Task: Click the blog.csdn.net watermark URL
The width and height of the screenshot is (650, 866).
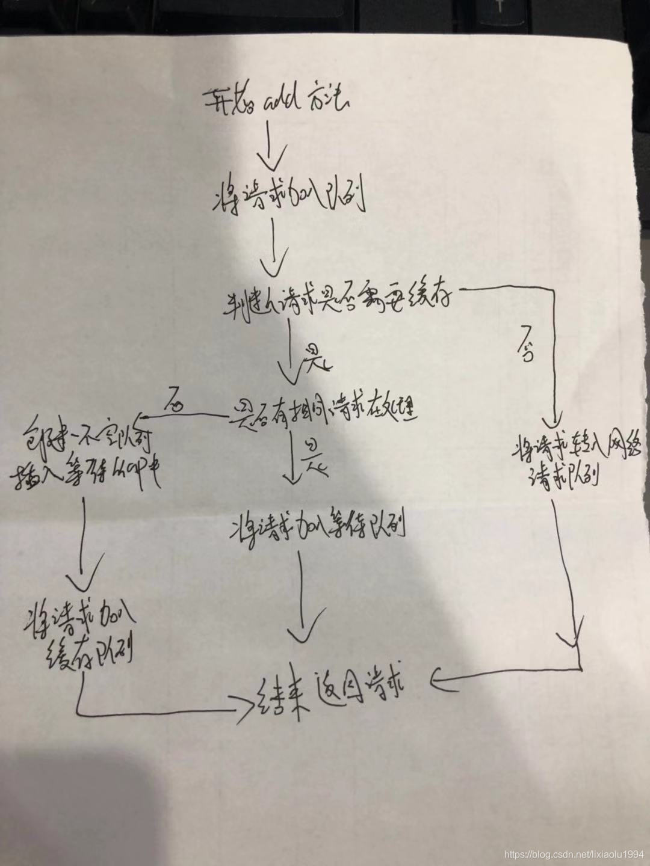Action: pos(574,855)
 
